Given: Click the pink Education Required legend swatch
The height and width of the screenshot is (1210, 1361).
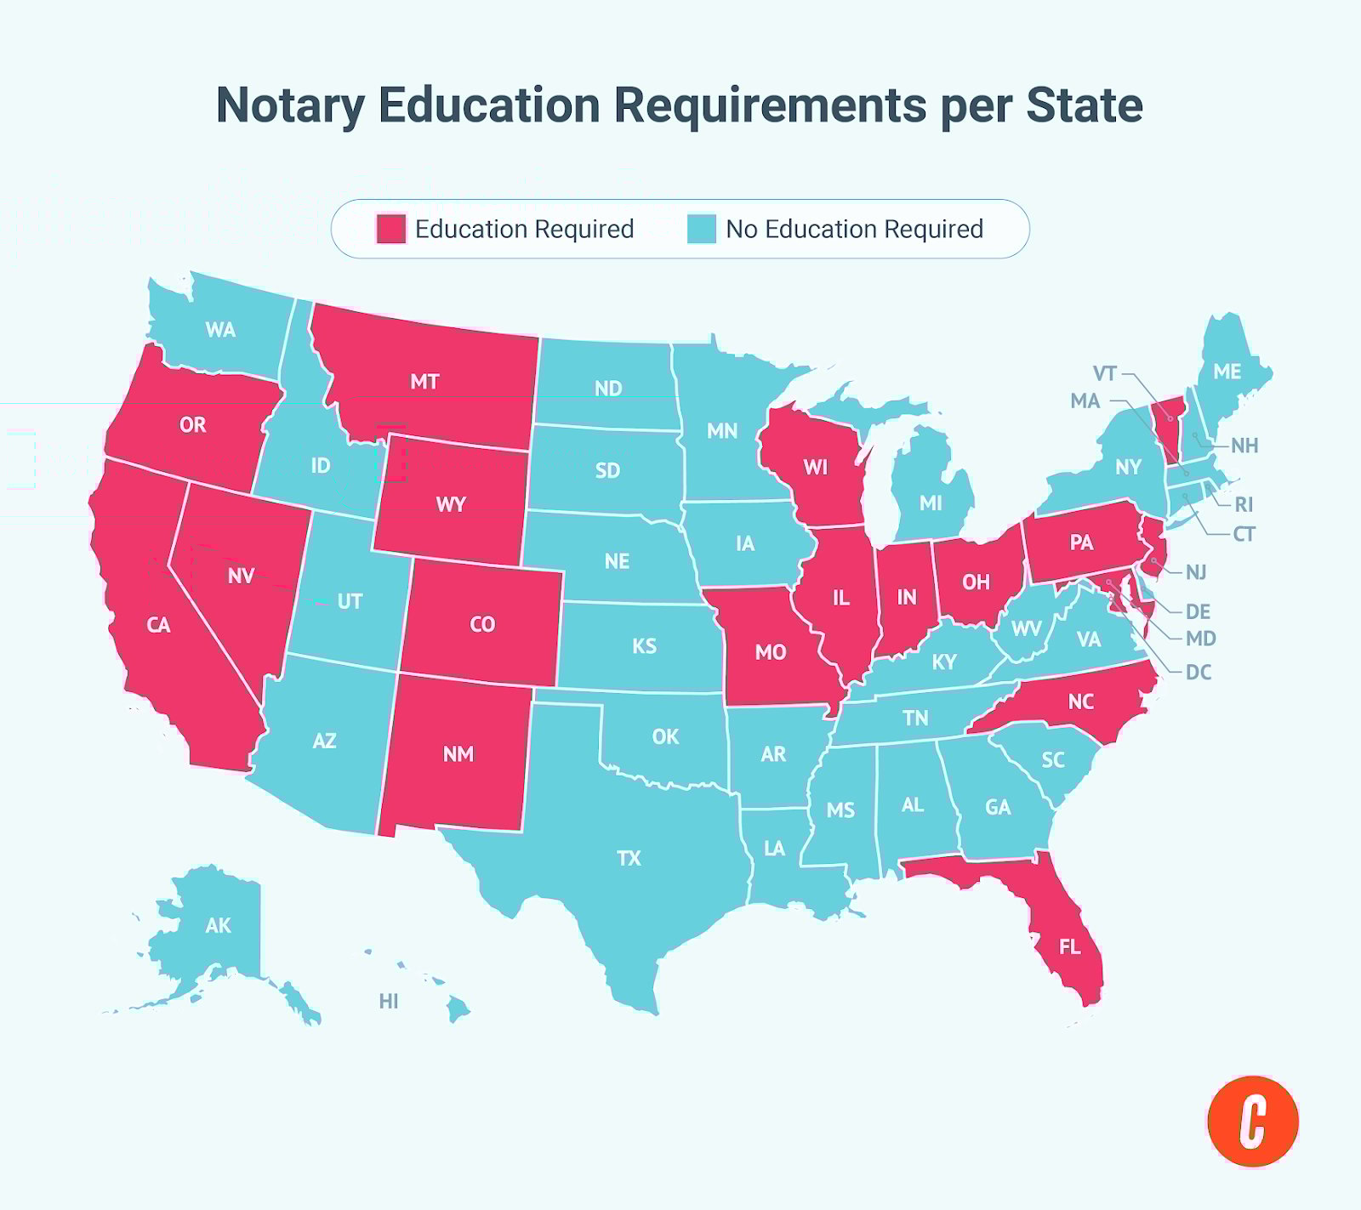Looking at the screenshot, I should [391, 229].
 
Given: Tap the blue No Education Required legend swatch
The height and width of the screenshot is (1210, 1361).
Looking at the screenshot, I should [702, 229].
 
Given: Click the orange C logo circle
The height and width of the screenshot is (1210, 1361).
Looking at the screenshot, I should [1252, 1122].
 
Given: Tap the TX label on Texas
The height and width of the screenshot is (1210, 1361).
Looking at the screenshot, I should [629, 858].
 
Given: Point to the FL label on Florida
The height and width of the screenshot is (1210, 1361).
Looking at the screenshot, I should [1069, 946].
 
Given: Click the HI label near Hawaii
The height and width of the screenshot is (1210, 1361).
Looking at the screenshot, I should [389, 1002].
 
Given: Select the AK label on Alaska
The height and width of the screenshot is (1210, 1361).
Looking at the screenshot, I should [218, 925].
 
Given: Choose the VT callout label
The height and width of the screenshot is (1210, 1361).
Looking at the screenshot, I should [1104, 374].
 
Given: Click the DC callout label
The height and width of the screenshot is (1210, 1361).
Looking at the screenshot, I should [1198, 673].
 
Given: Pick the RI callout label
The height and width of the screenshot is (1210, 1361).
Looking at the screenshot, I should [1244, 505].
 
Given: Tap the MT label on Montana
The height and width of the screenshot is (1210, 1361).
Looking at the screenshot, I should [424, 382].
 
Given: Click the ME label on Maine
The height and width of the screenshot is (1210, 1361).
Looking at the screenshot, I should [1227, 372].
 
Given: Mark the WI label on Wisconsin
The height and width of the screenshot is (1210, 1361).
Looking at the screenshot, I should [815, 467].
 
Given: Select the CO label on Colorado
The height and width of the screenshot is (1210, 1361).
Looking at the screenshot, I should [482, 625].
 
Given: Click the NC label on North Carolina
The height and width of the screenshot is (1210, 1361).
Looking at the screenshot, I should [1080, 702].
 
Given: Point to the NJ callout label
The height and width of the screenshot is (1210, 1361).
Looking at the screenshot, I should [1196, 572].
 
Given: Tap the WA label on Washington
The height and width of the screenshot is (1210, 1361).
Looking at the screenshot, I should [220, 330].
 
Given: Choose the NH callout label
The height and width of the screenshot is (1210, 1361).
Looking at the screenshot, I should [1244, 446].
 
